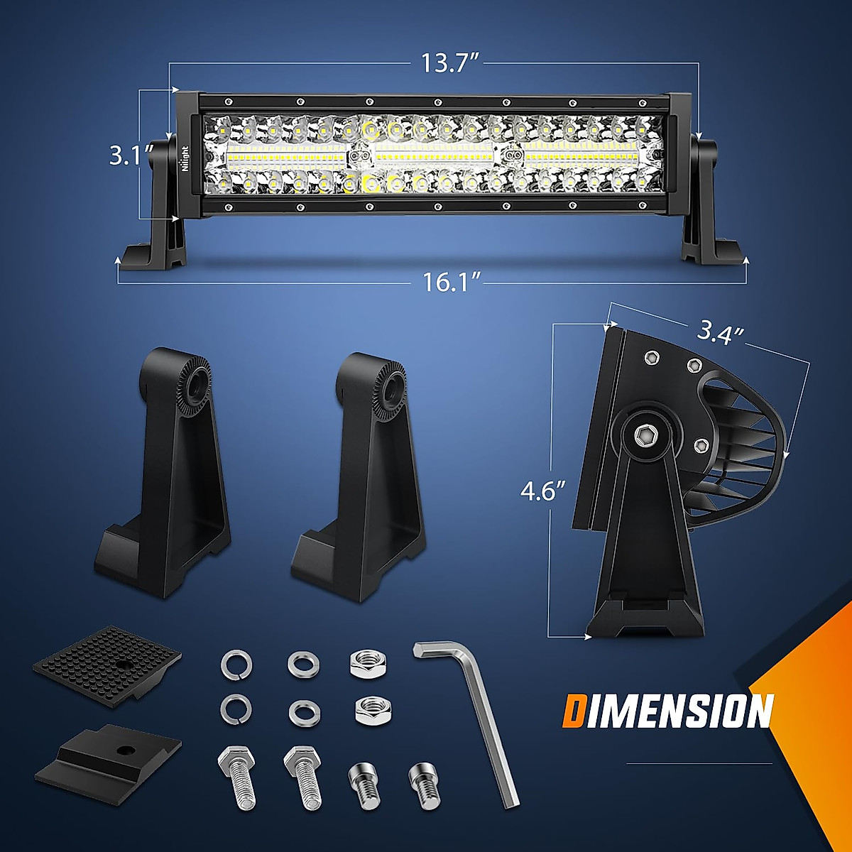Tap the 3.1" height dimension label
129,155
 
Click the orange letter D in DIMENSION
576,711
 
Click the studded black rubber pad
106,663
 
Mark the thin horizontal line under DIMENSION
699,764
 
